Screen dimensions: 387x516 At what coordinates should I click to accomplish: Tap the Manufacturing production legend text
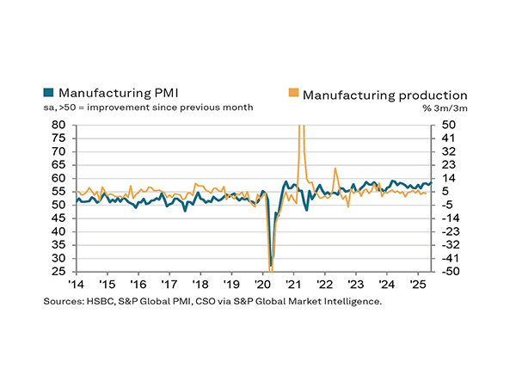tap(384, 95)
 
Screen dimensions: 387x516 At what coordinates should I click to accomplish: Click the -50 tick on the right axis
tap(447, 272)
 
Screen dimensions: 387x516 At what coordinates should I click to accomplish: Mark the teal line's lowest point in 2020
tap(271, 266)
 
